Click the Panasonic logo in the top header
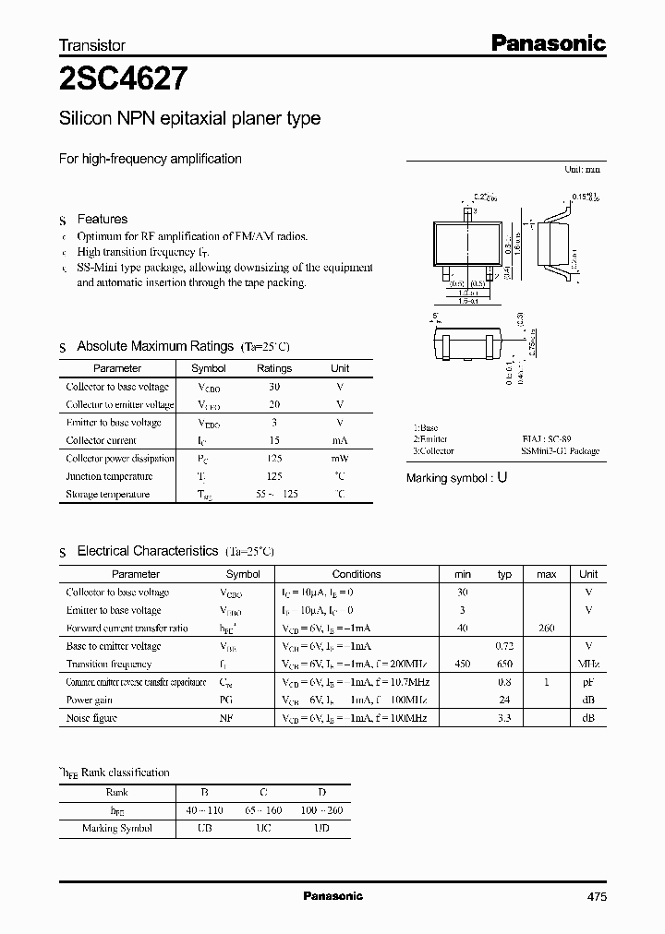[x=547, y=42]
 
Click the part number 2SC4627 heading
[x=125, y=80]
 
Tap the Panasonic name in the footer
[x=333, y=896]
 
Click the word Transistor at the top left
[x=92, y=44]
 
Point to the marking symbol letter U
[x=502, y=478]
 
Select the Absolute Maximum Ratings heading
[x=154, y=346]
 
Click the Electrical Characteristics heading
[x=148, y=551]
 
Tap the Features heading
[x=102, y=219]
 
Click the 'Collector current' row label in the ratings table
[x=101, y=441]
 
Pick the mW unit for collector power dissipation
[x=340, y=459]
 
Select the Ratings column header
[x=273, y=368]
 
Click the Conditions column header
[x=357, y=574]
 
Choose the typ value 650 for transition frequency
[x=504, y=664]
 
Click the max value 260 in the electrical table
[x=546, y=629]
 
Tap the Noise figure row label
[x=91, y=717]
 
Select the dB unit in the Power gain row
[x=588, y=700]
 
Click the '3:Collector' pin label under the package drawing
[x=433, y=451]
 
